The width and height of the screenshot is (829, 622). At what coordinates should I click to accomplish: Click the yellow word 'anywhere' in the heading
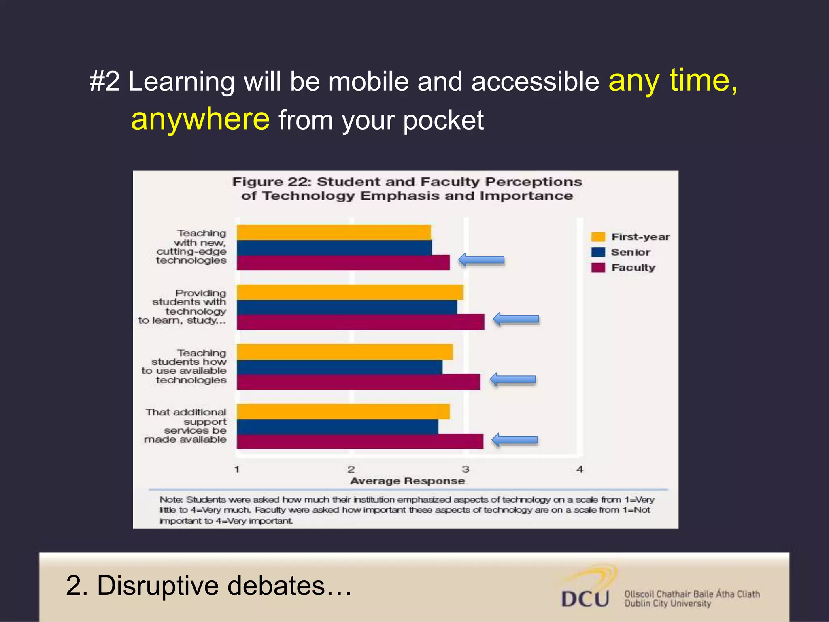coord(200,119)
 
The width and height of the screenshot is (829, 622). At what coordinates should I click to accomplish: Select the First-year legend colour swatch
coord(598,237)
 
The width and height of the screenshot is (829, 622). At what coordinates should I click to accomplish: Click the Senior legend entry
coord(630,252)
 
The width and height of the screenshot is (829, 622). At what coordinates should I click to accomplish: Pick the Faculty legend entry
coord(633,268)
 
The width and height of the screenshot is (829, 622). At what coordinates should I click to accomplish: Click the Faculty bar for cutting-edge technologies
coord(343,262)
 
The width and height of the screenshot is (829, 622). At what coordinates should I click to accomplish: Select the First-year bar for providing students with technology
coord(350,292)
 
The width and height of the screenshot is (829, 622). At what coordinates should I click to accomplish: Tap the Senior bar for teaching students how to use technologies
coord(339,367)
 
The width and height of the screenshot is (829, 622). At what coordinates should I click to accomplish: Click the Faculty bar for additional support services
coord(359,441)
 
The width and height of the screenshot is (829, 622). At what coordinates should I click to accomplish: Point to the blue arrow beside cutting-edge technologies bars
coord(481,260)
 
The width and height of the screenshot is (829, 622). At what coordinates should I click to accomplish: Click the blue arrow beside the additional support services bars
coord(514,440)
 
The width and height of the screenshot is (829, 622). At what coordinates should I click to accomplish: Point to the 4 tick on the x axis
coord(580,469)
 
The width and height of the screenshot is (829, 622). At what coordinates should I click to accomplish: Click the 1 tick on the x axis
coord(237,469)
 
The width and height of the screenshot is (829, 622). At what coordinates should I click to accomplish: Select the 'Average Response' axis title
coord(407,481)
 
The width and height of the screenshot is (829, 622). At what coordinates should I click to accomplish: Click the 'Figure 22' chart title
coord(407,189)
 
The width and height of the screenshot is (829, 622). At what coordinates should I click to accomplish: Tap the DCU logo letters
coord(585,599)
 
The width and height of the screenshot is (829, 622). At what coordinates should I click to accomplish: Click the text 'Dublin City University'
coord(667,604)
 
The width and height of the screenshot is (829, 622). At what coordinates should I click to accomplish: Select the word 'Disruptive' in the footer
coord(157,586)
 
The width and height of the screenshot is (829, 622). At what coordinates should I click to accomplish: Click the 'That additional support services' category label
coord(186,426)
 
